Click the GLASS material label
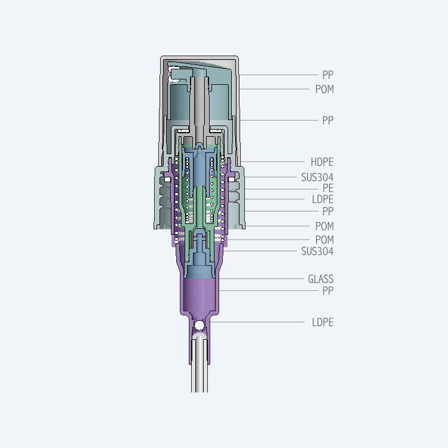[x=321, y=279]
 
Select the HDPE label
[x=322, y=162]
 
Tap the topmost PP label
[x=328, y=75]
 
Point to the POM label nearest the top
[x=324, y=89]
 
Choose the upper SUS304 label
[x=317, y=177]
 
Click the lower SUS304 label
[x=317, y=251]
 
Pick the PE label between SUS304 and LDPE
[x=328, y=188]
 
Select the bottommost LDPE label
[x=323, y=323]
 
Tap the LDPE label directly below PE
[x=323, y=200]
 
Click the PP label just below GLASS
[x=328, y=291]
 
